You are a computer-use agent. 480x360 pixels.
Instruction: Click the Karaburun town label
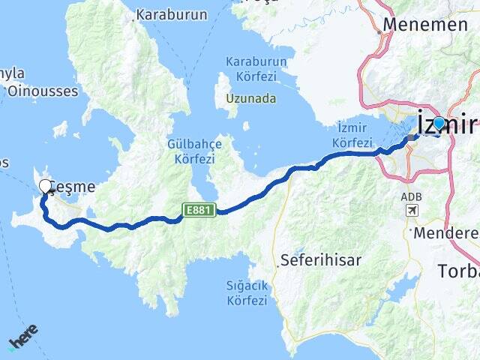point(165,13)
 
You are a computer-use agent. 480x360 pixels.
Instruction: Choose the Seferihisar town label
point(320,260)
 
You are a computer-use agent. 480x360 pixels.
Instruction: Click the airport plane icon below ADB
point(412,211)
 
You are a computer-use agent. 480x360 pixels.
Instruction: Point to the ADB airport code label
point(411,196)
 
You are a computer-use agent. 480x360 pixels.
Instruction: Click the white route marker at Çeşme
point(45,187)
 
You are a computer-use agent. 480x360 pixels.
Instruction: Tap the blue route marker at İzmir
point(439,124)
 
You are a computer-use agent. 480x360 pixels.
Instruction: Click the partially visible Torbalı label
point(458,270)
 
